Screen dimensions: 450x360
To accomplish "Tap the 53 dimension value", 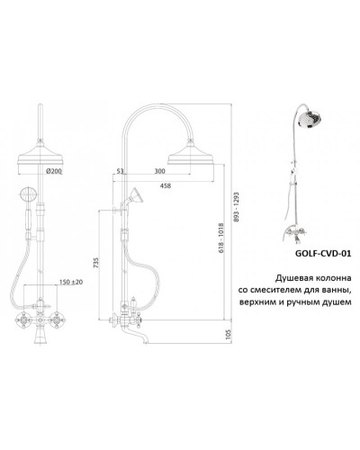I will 121,171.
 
